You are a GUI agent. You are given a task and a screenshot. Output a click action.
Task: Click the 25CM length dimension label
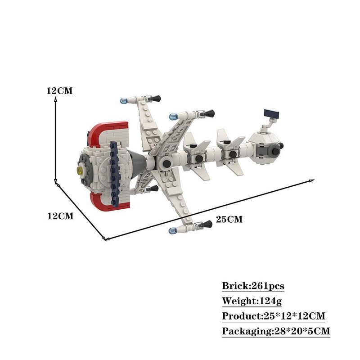click(x=229, y=219)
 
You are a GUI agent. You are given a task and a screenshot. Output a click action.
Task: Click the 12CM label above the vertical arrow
click(x=59, y=91)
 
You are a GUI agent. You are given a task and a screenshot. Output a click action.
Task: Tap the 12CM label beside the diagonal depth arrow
click(x=60, y=216)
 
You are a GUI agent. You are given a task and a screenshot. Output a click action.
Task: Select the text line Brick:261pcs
click(x=253, y=286)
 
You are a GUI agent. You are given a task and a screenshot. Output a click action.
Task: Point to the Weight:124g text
click(x=252, y=301)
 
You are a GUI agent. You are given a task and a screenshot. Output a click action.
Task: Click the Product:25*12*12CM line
click(x=274, y=316)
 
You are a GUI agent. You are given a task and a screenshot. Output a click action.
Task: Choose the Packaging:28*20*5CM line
click(x=276, y=331)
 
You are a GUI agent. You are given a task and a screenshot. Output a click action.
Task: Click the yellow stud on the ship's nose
click(x=80, y=170)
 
